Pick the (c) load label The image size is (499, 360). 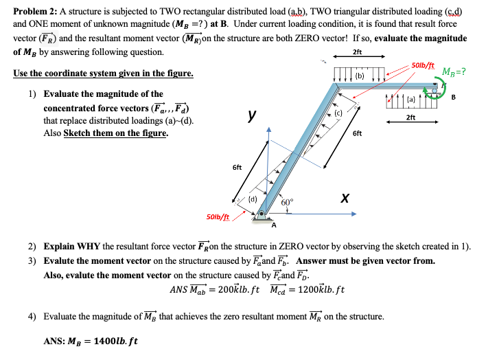pos(338,112)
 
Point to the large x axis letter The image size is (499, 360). pos(347,198)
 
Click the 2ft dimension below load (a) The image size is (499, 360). pos(410,118)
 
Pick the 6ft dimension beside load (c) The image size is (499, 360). pos(357,134)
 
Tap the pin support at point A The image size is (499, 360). pos(262,215)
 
